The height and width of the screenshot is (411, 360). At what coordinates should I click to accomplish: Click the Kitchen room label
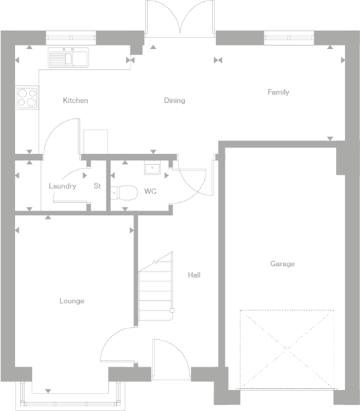point(75,101)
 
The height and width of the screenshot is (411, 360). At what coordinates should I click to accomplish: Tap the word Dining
point(174,101)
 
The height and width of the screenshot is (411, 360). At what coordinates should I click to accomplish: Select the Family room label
point(278,92)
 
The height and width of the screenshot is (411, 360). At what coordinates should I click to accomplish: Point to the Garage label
point(282,264)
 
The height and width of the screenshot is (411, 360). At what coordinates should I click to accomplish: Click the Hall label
point(194,275)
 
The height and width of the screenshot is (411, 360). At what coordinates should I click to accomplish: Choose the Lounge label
point(71,301)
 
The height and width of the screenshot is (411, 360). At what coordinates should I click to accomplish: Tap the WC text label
point(150,191)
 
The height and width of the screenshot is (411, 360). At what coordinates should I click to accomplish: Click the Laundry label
point(62,186)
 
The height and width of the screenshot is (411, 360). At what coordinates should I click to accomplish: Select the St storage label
point(97,186)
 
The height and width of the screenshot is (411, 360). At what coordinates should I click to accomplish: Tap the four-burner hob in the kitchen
point(27,99)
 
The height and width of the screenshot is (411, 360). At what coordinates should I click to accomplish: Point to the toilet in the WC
point(124,192)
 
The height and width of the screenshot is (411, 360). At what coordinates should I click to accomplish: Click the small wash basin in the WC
point(150,168)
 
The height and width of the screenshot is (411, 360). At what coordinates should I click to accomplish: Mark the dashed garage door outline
point(287,349)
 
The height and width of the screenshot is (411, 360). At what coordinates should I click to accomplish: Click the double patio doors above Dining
point(180,19)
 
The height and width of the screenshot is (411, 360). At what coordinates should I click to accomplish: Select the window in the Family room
point(289,36)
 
